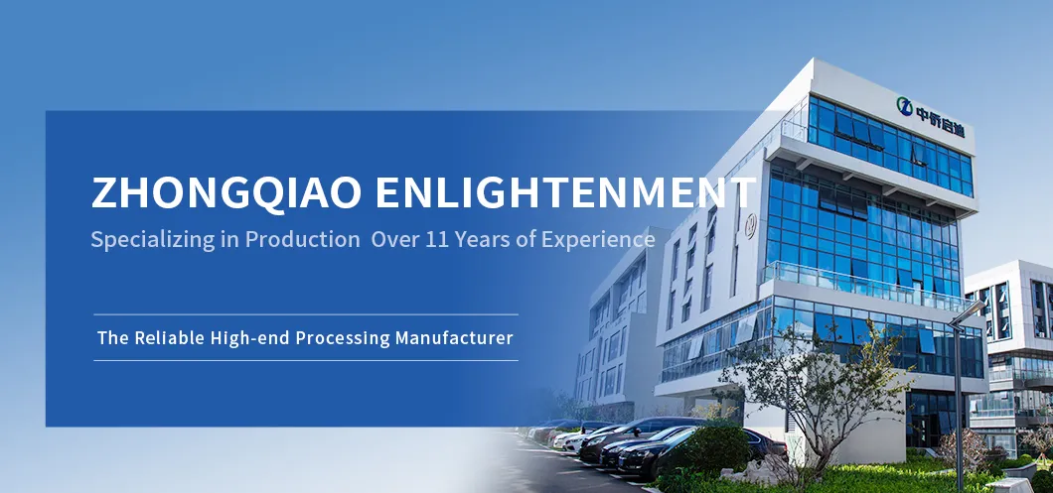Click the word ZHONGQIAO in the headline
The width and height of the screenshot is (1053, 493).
click(226, 192)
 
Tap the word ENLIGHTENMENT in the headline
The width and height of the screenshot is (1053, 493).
click(565, 191)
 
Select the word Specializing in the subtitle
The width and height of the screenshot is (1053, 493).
click(152, 240)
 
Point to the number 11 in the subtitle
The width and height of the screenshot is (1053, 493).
click(436, 239)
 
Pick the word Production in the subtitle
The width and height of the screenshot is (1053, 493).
click(302, 239)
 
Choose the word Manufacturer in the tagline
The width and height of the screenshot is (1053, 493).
click(454, 337)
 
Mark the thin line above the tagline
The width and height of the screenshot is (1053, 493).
click(306, 313)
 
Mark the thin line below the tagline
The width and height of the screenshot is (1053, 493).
click(306, 360)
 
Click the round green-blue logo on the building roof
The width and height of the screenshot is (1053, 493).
click(905, 106)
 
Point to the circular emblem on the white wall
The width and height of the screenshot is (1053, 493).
click(750, 225)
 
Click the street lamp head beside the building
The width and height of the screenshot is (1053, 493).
click(967, 313)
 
